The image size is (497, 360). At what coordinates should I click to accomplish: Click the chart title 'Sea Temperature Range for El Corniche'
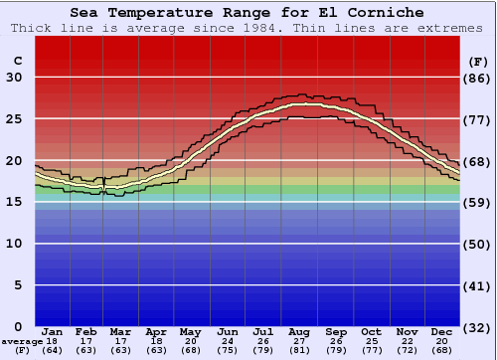click(x=248, y=12)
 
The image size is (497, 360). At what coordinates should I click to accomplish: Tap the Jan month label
click(x=54, y=331)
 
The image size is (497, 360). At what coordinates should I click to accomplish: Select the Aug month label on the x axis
click(x=300, y=331)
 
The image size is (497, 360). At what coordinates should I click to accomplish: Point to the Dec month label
click(x=442, y=331)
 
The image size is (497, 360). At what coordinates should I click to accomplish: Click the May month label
click(x=191, y=331)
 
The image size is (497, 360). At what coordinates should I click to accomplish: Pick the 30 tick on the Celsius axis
click(x=14, y=78)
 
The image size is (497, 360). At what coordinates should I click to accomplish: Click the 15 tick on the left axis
click(x=14, y=202)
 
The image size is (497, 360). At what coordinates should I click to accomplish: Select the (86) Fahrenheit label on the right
click(x=477, y=78)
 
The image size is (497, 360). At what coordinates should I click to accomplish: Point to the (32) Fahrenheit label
click(x=477, y=326)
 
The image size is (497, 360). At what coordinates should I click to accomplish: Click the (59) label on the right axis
click(x=477, y=202)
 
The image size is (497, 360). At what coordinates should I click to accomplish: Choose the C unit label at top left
click(x=17, y=61)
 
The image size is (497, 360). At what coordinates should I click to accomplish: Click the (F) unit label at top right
click(x=477, y=61)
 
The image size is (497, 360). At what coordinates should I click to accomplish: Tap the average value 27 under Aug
click(x=300, y=340)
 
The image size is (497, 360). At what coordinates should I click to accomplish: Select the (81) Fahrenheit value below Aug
click(x=300, y=350)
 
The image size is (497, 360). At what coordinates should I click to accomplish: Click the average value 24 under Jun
click(x=228, y=340)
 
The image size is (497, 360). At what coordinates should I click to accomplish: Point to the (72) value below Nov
click(x=407, y=350)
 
